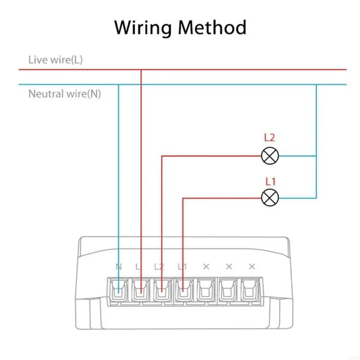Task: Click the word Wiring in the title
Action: tap(143, 27)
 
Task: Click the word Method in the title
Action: tap(212, 27)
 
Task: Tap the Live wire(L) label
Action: tap(55, 59)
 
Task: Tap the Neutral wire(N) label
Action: tap(65, 94)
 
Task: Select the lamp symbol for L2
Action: tap(270, 156)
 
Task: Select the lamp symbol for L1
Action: tap(270, 197)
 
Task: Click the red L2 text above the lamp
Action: tap(270, 139)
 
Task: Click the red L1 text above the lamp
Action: tap(270, 182)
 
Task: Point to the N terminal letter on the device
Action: tap(119, 266)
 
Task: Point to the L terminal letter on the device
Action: tap(138, 266)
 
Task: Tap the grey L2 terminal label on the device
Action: tap(159, 266)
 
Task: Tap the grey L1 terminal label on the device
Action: tap(182, 266)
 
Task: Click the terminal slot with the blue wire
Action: tap(119, 291)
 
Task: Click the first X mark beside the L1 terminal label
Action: tap(206, 266)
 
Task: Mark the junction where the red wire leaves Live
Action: tap(141, 70)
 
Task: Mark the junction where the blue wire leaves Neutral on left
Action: tap(119, 85)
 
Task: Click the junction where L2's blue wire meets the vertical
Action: tap(316, 156)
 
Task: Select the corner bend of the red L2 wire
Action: tap(162, 156)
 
